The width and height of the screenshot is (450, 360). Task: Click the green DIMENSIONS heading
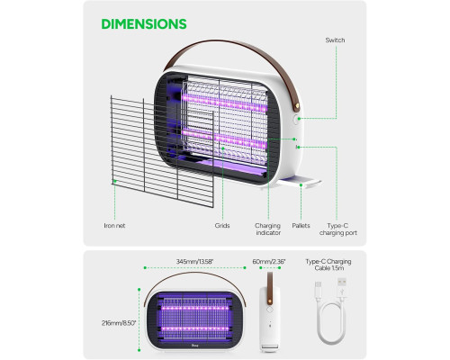144,24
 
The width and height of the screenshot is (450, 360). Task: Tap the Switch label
335,40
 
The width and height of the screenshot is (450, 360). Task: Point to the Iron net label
114,226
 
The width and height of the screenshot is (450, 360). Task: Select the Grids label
222,226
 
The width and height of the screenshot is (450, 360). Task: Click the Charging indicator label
268,229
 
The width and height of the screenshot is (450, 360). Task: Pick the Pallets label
301,226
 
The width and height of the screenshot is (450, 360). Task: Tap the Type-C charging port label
338,229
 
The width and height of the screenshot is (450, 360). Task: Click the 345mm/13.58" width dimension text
194,262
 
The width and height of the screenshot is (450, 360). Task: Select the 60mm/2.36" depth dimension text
269,262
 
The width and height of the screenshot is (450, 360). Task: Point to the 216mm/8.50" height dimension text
119,323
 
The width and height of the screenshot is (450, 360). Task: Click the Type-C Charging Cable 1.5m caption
328,265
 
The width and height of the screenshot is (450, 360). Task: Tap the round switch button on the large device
295,120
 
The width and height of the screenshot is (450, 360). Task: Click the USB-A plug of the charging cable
342,287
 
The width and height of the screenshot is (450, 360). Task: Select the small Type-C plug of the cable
319,289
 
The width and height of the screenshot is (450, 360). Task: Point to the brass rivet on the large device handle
297,105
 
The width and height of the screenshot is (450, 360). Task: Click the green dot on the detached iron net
114,181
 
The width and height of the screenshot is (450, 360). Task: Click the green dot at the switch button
299,119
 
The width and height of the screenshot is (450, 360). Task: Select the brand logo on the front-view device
193,345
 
